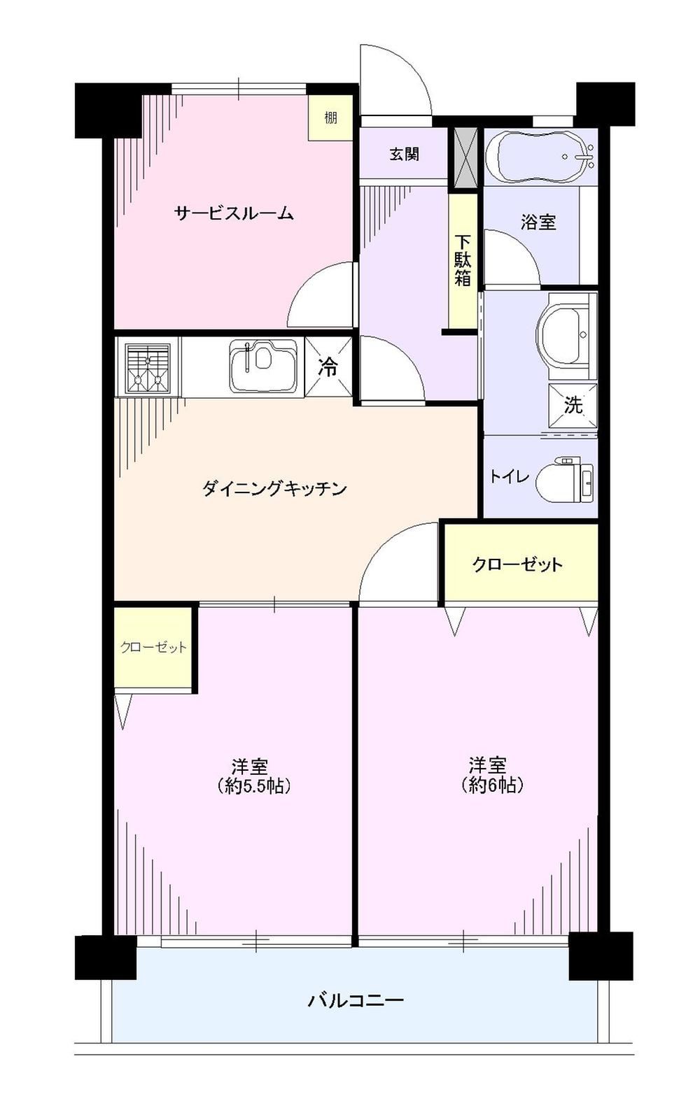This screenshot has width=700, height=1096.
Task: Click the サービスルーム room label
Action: (234, 213)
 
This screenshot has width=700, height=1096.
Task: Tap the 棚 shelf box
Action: (330, 118)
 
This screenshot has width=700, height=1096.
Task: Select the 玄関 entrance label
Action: (404, 154)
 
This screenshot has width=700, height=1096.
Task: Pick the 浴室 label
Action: (538, 222)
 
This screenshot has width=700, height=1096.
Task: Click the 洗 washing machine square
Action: (573, 404)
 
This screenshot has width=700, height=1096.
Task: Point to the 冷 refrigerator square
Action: (328, 367)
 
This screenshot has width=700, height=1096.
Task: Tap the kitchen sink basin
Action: (262, 366)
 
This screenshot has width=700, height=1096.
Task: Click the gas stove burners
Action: (148, 366)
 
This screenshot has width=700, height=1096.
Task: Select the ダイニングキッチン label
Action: (274, 488)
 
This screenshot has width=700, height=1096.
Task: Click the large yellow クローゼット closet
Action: (518, 564)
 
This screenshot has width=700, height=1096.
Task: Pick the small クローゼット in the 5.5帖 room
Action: (153, 648)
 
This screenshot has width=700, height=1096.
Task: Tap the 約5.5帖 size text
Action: (253, 785)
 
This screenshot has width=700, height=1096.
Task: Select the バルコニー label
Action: (356, 999)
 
